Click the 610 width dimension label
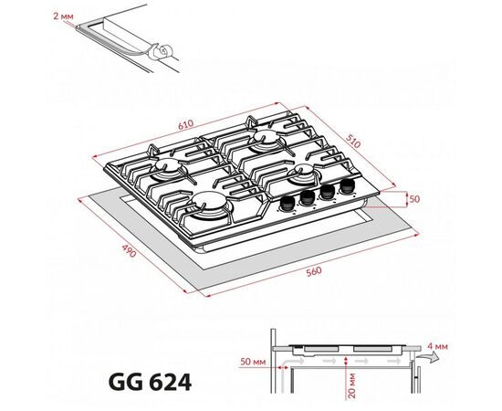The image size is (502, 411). [186, 124]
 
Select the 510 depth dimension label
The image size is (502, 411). [353, 141]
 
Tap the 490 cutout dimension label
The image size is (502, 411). [130, 251]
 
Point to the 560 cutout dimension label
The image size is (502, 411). [314, 271]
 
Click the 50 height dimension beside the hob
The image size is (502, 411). [414, 199]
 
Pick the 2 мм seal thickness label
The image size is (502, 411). [63, 16]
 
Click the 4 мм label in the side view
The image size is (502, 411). [437, 346]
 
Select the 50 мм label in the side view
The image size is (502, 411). [253, 362]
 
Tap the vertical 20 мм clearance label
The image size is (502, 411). [351, 385]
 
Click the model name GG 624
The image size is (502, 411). [151, 382]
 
